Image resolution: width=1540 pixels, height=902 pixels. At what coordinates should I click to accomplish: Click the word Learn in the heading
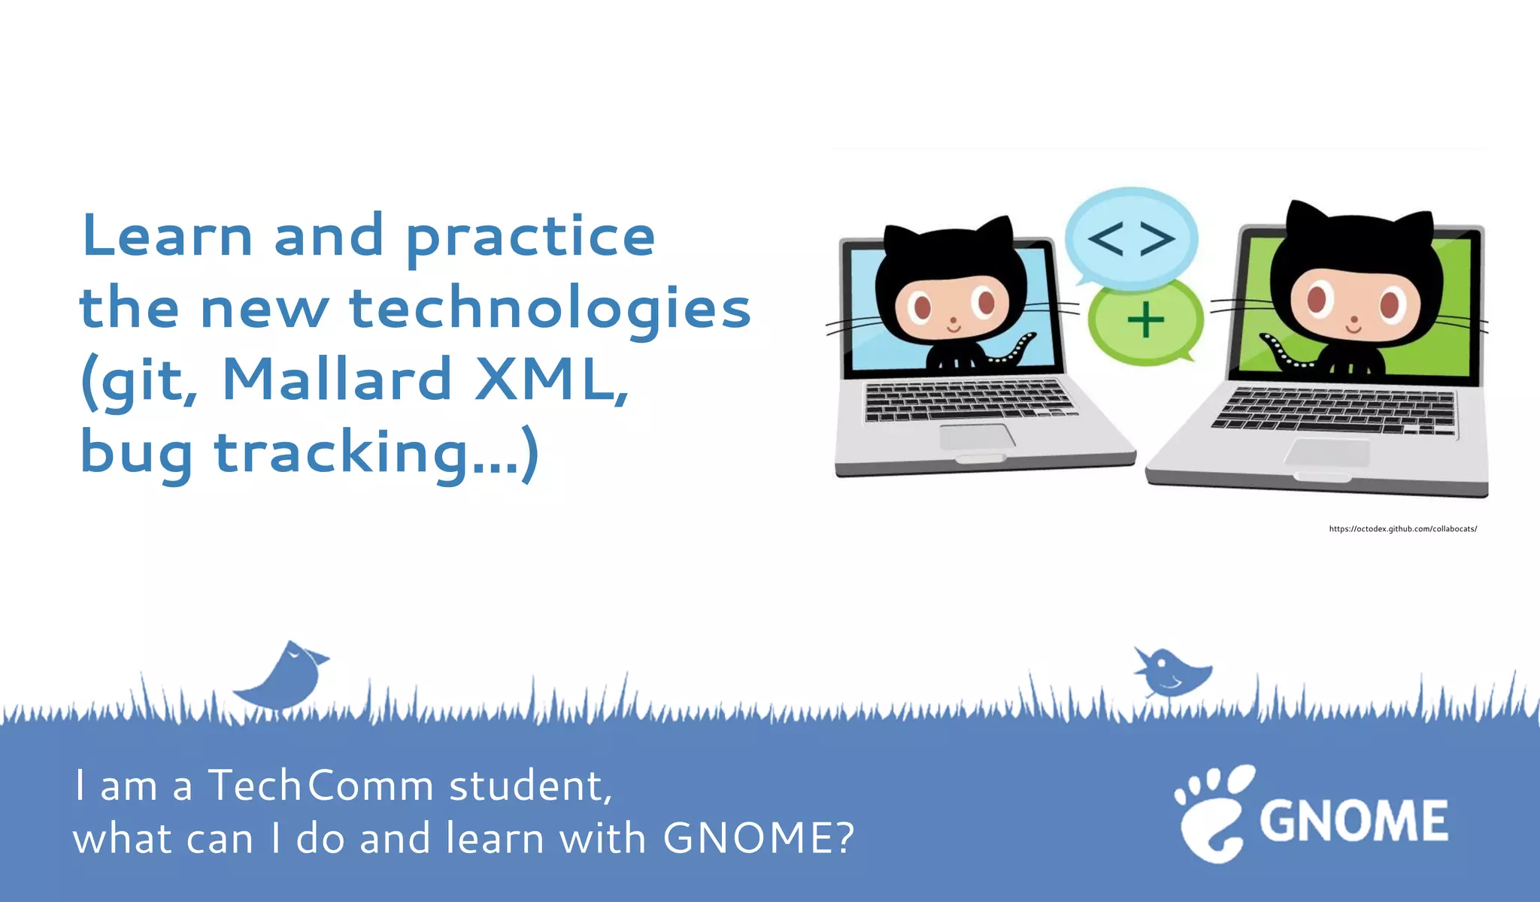[167, 236]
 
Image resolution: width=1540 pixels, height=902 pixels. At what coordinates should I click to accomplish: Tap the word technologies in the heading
[550, 308]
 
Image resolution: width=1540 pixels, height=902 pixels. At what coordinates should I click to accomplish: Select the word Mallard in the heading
[337, 380]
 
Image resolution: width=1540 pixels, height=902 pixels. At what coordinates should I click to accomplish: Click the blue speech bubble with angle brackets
[1131, 237]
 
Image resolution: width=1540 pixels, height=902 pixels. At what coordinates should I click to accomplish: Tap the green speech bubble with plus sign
[1145, 322]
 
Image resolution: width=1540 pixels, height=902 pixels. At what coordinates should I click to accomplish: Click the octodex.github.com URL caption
[1402, 529]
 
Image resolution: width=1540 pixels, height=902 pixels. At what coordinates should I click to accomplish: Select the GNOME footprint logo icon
[1212, 813]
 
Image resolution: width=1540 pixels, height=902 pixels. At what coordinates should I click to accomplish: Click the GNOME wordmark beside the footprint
[1354, 821]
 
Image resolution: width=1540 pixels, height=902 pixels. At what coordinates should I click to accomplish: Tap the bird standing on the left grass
[284, 676]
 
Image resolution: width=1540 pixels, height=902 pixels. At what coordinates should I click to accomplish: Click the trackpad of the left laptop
[976, 437]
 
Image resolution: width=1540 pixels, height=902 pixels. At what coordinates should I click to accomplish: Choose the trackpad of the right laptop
[1327, 453]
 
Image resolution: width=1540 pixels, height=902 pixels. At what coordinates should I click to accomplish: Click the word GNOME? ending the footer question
[758, 839]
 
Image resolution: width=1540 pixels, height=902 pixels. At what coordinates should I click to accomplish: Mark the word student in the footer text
[530, 786]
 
